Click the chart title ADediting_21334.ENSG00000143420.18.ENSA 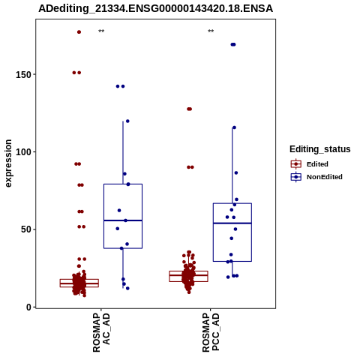pos(155,9)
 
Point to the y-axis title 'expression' pos(8,163)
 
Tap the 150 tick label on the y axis pos(24,75)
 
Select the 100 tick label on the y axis pos(24,152)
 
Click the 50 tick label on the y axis pos(26,229)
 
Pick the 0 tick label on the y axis pos(29,307)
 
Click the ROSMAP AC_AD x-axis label pos(101,333)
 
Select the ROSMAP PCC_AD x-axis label pos(211,333)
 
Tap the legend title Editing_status pos(320,149)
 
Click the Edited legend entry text pos(317,164)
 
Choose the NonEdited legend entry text pos(325,177)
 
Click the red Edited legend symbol pos(296,164)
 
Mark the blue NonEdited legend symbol pos(296,177)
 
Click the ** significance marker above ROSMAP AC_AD pos(101,31)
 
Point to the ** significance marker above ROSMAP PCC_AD pos(211,31)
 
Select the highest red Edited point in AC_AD pos(79,32)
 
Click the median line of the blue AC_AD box pos(123,220)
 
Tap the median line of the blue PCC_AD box pos(232,223)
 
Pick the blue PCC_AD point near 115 pos(234,127)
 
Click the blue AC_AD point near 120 pos(127,121)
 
